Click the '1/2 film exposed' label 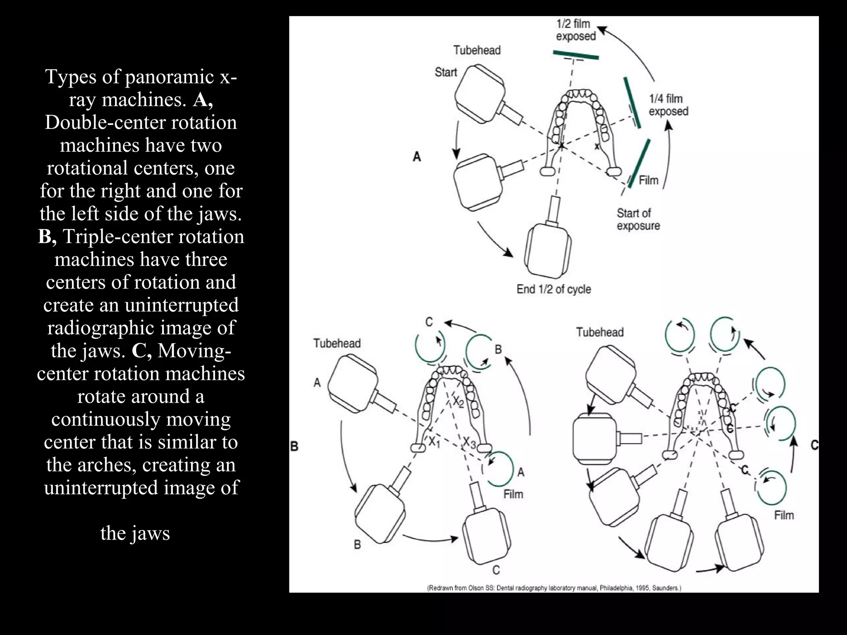(x=575, y=30)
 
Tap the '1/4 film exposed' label (x=668, y=105)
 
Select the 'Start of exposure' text (x=638, y=220)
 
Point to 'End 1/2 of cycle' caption (x=553, y=289)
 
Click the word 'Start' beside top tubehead (x=445, y=72)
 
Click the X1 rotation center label (x=434, y=442)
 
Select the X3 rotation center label (x=470, y=443)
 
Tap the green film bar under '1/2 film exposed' (x=575, y=55)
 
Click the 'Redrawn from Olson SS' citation (x=554, y=587)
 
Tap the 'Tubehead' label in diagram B (x=337, y=344)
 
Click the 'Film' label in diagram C (x=784, y=516)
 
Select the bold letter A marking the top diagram (x=417, y=157)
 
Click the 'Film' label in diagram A (x=648, y=180)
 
